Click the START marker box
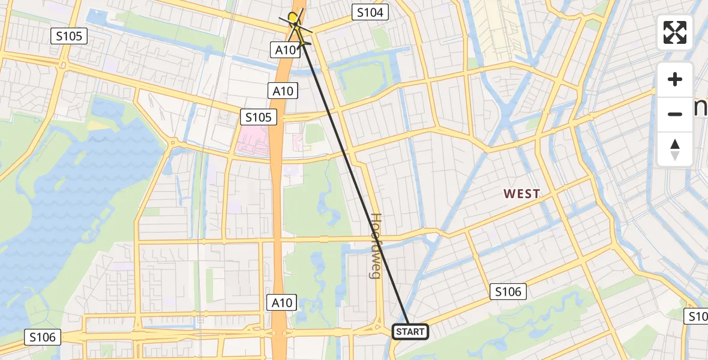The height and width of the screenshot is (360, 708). (410, 331)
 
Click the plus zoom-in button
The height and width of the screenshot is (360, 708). (675, 79)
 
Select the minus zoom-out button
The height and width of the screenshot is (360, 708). (675, 114)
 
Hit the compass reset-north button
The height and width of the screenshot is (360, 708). (675, 149)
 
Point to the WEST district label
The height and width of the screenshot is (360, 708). (521, 194)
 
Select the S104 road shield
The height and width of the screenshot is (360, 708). (370, 12)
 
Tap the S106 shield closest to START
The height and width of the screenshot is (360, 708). (508, 292)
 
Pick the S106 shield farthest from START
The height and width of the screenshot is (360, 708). (43, 337)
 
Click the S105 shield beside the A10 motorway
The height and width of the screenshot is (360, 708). (259, 117)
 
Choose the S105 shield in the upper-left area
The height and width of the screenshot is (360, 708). (70, 36)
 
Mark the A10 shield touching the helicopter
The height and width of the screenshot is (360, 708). (286, 50)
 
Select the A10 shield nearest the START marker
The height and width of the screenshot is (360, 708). (281, 302)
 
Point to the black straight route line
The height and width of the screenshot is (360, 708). (354, 180)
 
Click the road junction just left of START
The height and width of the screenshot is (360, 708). (379, 328)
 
